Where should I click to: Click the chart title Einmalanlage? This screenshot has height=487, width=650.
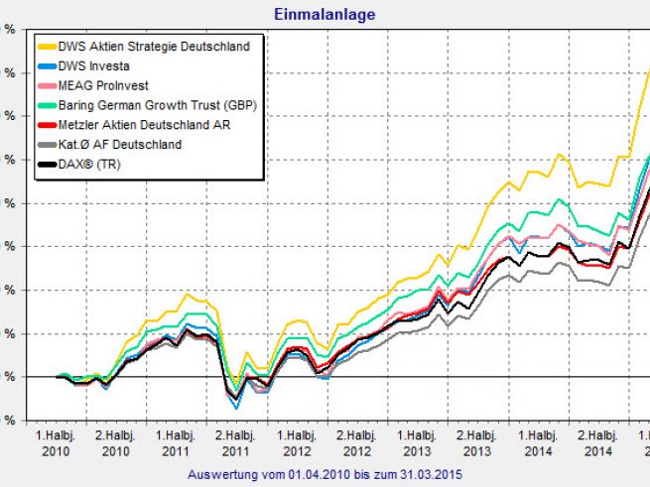325,14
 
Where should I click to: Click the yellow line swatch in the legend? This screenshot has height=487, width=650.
49,46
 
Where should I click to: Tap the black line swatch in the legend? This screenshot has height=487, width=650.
49,165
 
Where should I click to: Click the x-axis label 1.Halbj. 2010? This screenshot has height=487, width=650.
56,442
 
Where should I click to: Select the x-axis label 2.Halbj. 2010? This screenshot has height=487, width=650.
115,442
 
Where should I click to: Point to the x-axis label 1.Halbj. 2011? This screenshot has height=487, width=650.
176,442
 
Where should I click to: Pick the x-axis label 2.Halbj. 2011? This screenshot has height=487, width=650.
235,442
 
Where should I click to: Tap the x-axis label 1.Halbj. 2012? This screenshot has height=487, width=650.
296,442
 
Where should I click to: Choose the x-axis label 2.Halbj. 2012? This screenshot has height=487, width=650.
355,442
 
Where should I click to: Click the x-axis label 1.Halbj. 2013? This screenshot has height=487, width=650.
416,442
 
